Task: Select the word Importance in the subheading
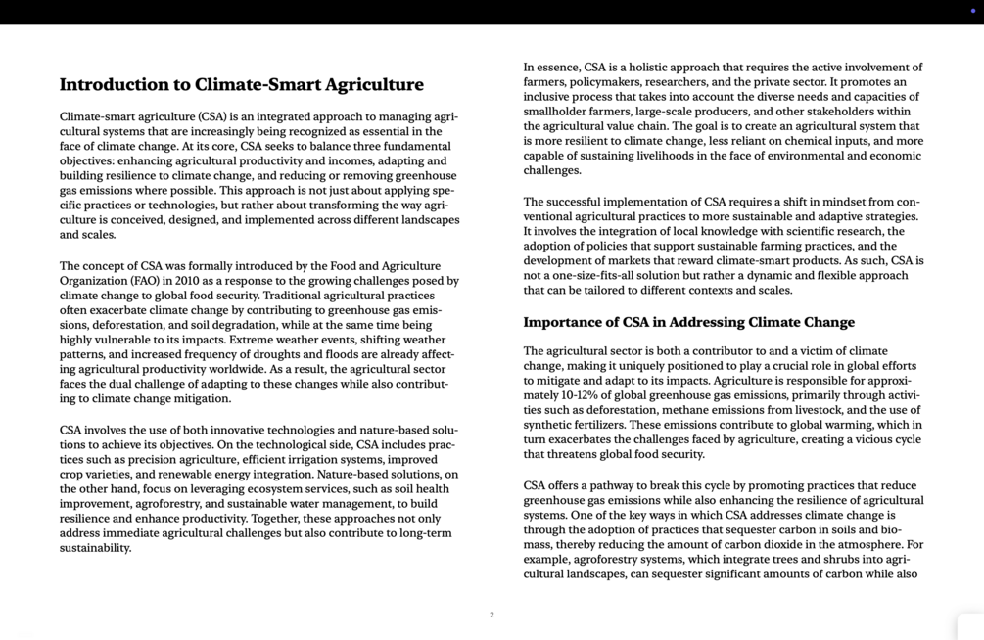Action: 563,322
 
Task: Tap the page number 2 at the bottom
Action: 492,615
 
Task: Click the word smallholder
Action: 557,112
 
